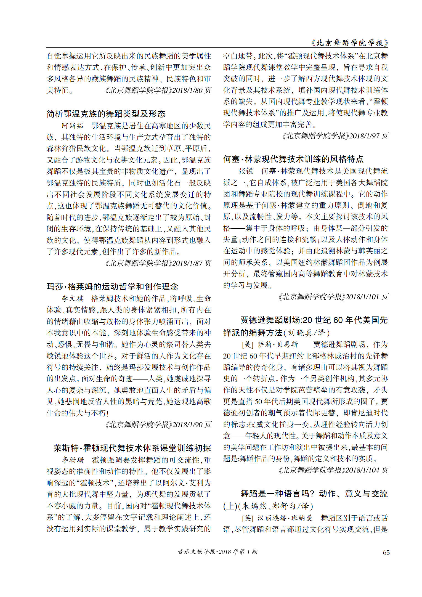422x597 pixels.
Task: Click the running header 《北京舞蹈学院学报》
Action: click(349, 43)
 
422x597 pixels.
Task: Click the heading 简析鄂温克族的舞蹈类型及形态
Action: click(106, 114)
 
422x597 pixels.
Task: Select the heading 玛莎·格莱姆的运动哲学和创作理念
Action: click(112, 286)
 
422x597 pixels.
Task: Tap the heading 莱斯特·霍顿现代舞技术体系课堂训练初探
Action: click(132, 448)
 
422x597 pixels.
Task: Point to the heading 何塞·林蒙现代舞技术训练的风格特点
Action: click(293, 159)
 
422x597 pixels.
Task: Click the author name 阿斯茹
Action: click(72, 126)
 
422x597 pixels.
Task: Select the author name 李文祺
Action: click(72, 298)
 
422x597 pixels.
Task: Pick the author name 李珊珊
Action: click(73, 460)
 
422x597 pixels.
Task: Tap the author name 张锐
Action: click(246, 171)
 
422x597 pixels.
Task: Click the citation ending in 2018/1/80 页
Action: click(158, 91)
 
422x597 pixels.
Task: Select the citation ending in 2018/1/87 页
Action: click(158, 263)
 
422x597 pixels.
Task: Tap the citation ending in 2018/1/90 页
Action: click(158, 424)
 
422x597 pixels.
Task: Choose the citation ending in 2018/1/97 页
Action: click(335, 136)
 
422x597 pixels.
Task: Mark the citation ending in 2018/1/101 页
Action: click(333, 297)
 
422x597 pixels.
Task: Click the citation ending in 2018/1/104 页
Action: click(333, 470)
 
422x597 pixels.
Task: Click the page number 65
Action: click(386, 552)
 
